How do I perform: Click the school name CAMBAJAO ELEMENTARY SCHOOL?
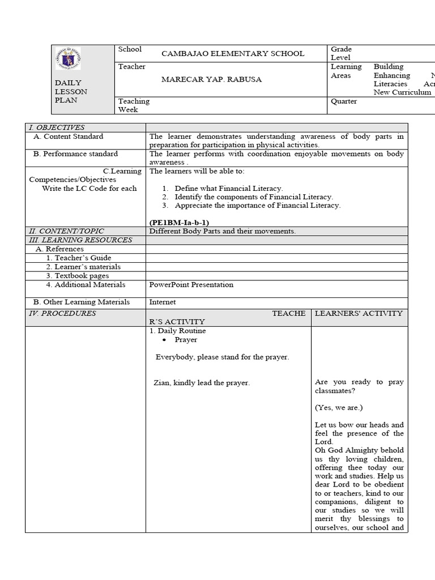[x=233, y=54]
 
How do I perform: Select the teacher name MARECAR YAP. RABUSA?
[x=212, y=79]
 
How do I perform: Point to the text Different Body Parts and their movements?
[x=222, y=231]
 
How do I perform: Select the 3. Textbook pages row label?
[x=78, y=276]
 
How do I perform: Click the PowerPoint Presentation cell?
[x=191, y=284]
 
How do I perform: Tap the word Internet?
[x=163, y=302]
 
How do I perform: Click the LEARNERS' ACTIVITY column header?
[x=359, y=313]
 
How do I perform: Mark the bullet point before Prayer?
[x=163, y=340]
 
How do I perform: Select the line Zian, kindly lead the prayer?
[x=202, y=383]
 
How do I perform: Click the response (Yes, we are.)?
[x=339, y=407]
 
